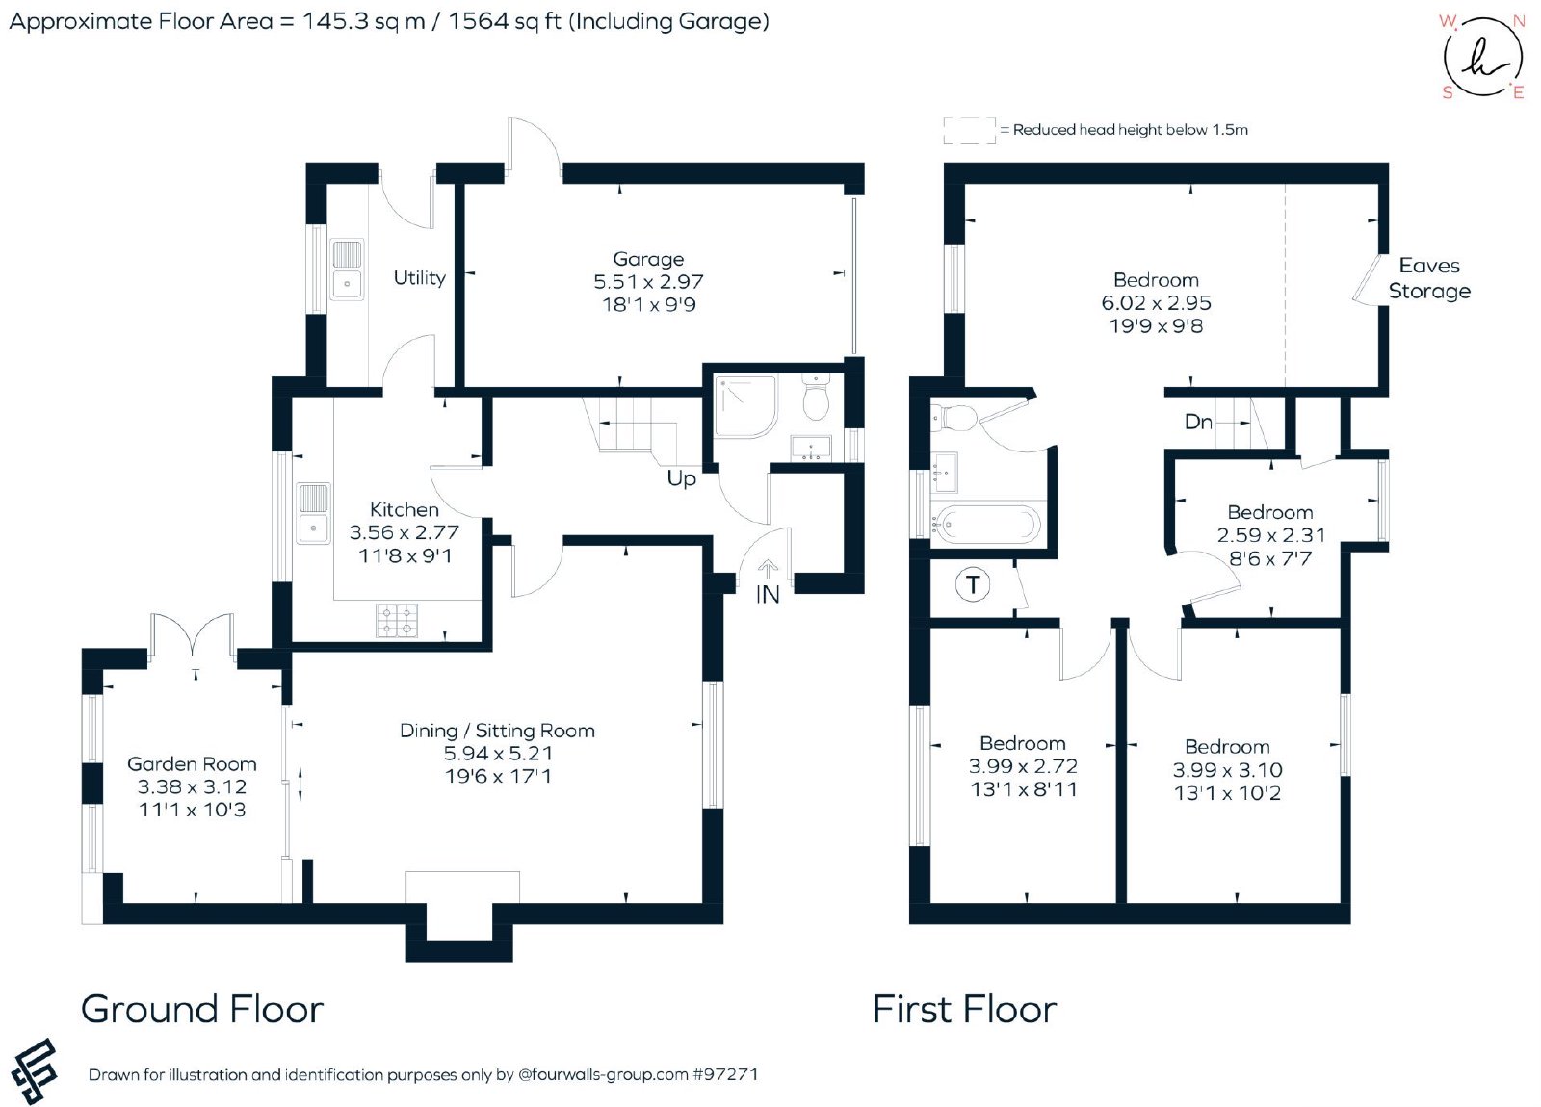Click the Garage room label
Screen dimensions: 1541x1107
(x=648, y=259)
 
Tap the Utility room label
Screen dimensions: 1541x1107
(x=419, y=278)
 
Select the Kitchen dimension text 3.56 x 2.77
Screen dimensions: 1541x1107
(x=404, y=532)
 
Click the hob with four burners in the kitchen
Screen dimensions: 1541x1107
(x=397, y=620)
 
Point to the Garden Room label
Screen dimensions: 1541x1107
(x=192, y=764)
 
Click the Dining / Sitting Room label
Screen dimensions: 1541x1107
(x=497, y=731)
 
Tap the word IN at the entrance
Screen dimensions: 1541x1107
(x=767, y=595)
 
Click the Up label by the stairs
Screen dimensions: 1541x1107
(x=681, y=477)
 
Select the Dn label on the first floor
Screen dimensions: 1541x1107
(x=1198, y=422)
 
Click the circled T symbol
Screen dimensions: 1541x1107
(x=973, y=585)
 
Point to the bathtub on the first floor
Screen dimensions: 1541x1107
(x=986, y=525)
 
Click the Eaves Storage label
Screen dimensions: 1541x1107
(x=1429, y=278)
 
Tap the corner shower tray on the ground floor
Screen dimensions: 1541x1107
(x=745, y=406)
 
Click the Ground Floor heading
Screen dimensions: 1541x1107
(x=202, y=1010)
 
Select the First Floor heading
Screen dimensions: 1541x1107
(x=964, y=1010)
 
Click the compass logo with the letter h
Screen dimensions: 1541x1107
(x=1482, y=57)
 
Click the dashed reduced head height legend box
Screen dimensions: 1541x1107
(x=969, y=131)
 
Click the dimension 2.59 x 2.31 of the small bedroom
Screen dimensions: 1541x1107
(x=1270, y=535)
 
